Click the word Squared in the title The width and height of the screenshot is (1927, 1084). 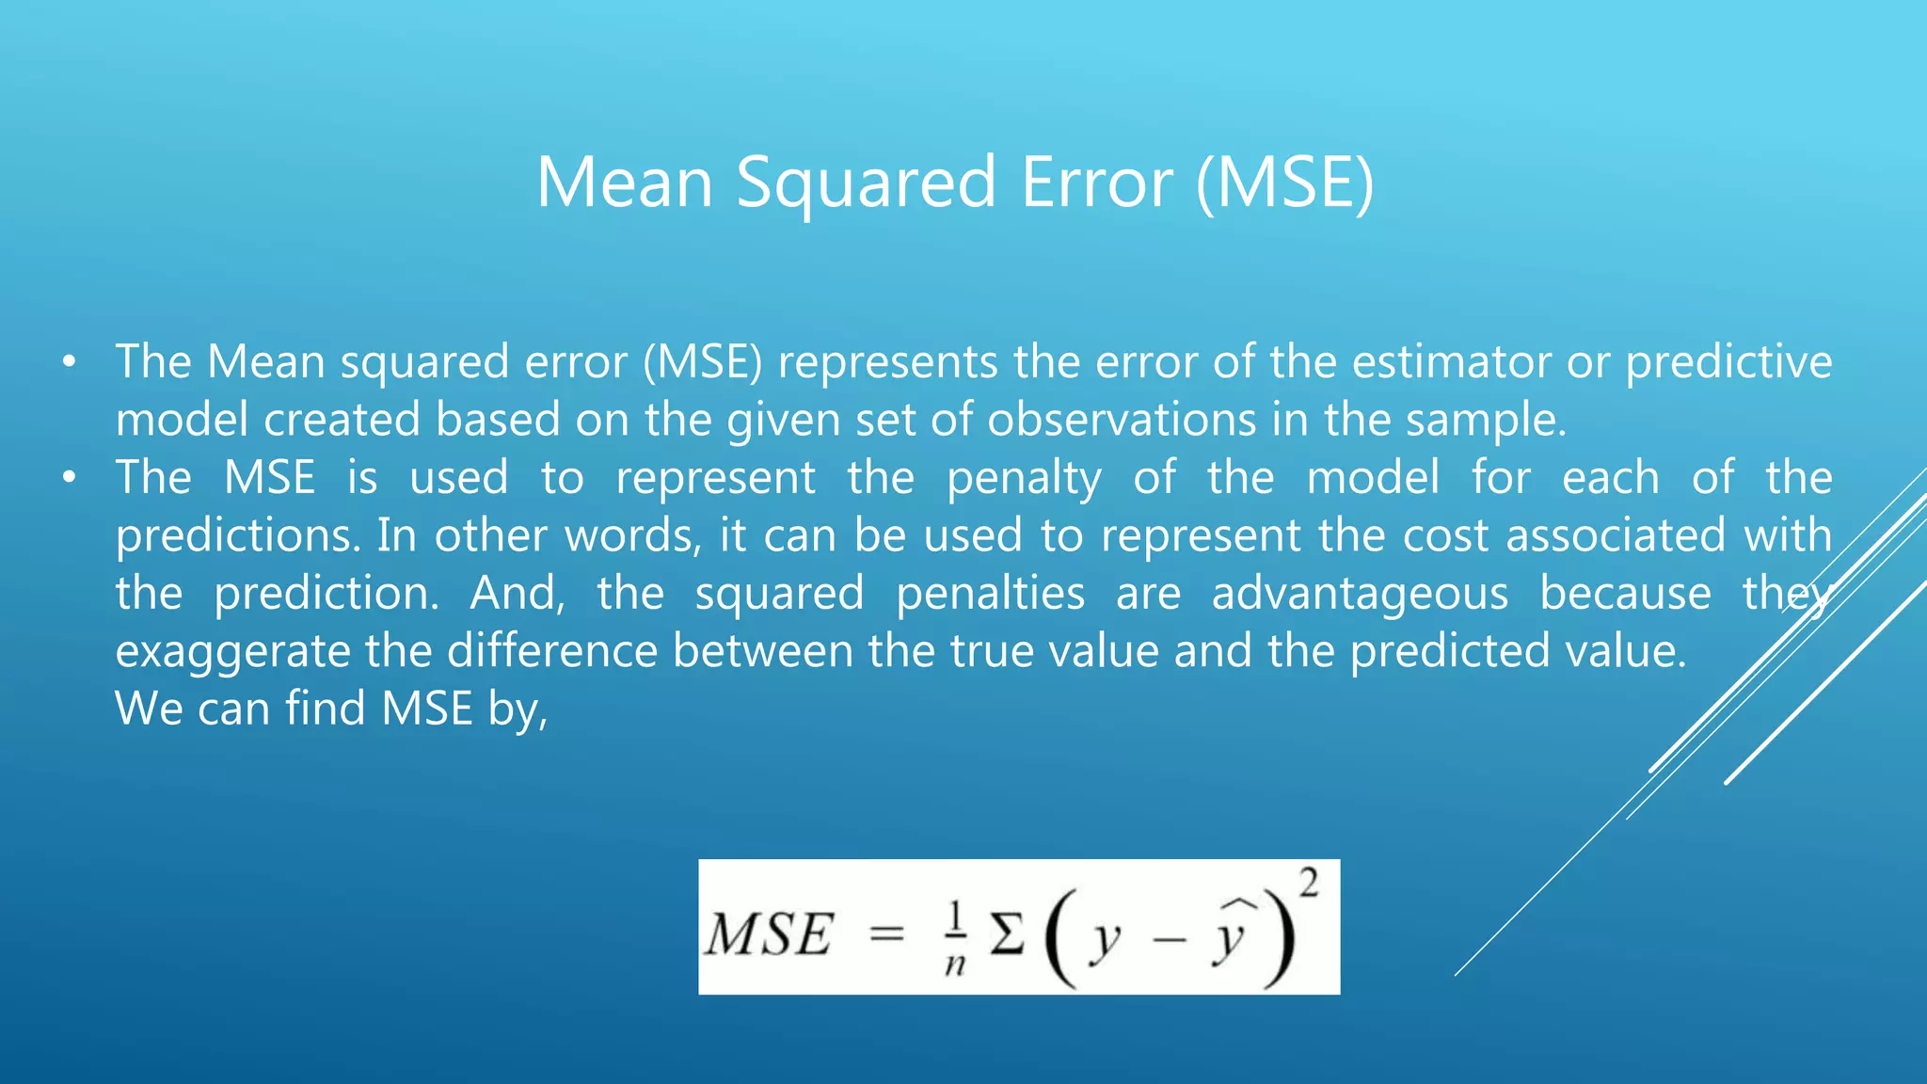point(865,183)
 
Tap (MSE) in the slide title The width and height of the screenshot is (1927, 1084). point(1284,183)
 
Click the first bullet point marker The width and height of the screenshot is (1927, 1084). point(68,362)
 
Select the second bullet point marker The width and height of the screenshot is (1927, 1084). point(68,478)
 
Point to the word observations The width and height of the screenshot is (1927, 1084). point(1122,420)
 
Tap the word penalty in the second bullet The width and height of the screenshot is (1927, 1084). point(1024,479)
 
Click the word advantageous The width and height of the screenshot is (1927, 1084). point(1360,594)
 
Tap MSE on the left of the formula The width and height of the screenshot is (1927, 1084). point(770,935)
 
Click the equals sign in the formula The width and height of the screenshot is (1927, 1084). point(886,934)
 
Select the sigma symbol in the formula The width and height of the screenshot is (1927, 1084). point(1007,935)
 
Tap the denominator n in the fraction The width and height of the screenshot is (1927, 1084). point(955,964)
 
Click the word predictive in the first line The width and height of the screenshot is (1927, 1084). point(1728,362)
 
